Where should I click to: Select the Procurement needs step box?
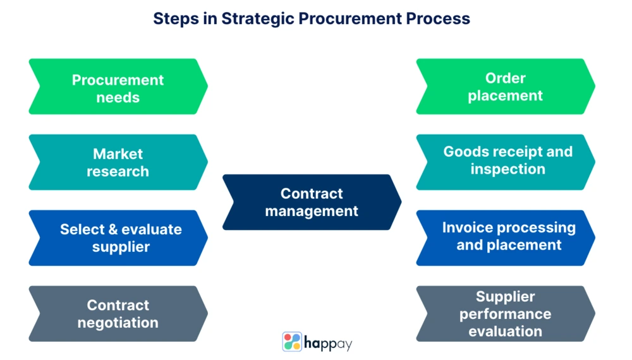118,87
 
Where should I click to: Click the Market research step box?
118,162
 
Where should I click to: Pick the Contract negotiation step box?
118,314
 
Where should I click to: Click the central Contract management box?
312,202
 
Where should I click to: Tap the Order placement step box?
505,87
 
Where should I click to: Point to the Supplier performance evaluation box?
505,314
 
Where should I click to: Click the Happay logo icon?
292,342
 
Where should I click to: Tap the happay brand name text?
328,344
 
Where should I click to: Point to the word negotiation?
118,323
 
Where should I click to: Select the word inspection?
507,169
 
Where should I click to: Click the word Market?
118,154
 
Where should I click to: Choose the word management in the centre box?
312,211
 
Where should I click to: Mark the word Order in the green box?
505,78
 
